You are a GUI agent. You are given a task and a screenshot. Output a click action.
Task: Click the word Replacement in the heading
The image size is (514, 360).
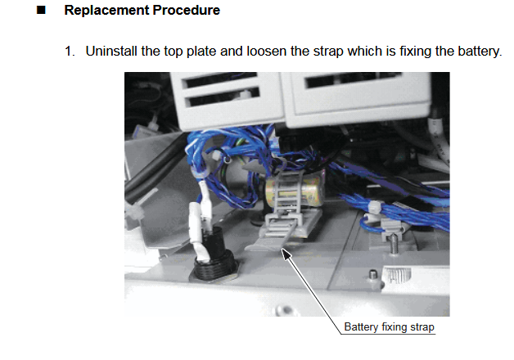tap(101, 11)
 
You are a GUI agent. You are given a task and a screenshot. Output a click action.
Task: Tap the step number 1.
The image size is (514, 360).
tap(70, 52)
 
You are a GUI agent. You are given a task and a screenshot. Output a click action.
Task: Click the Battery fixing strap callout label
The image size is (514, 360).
tap(389, 327)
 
